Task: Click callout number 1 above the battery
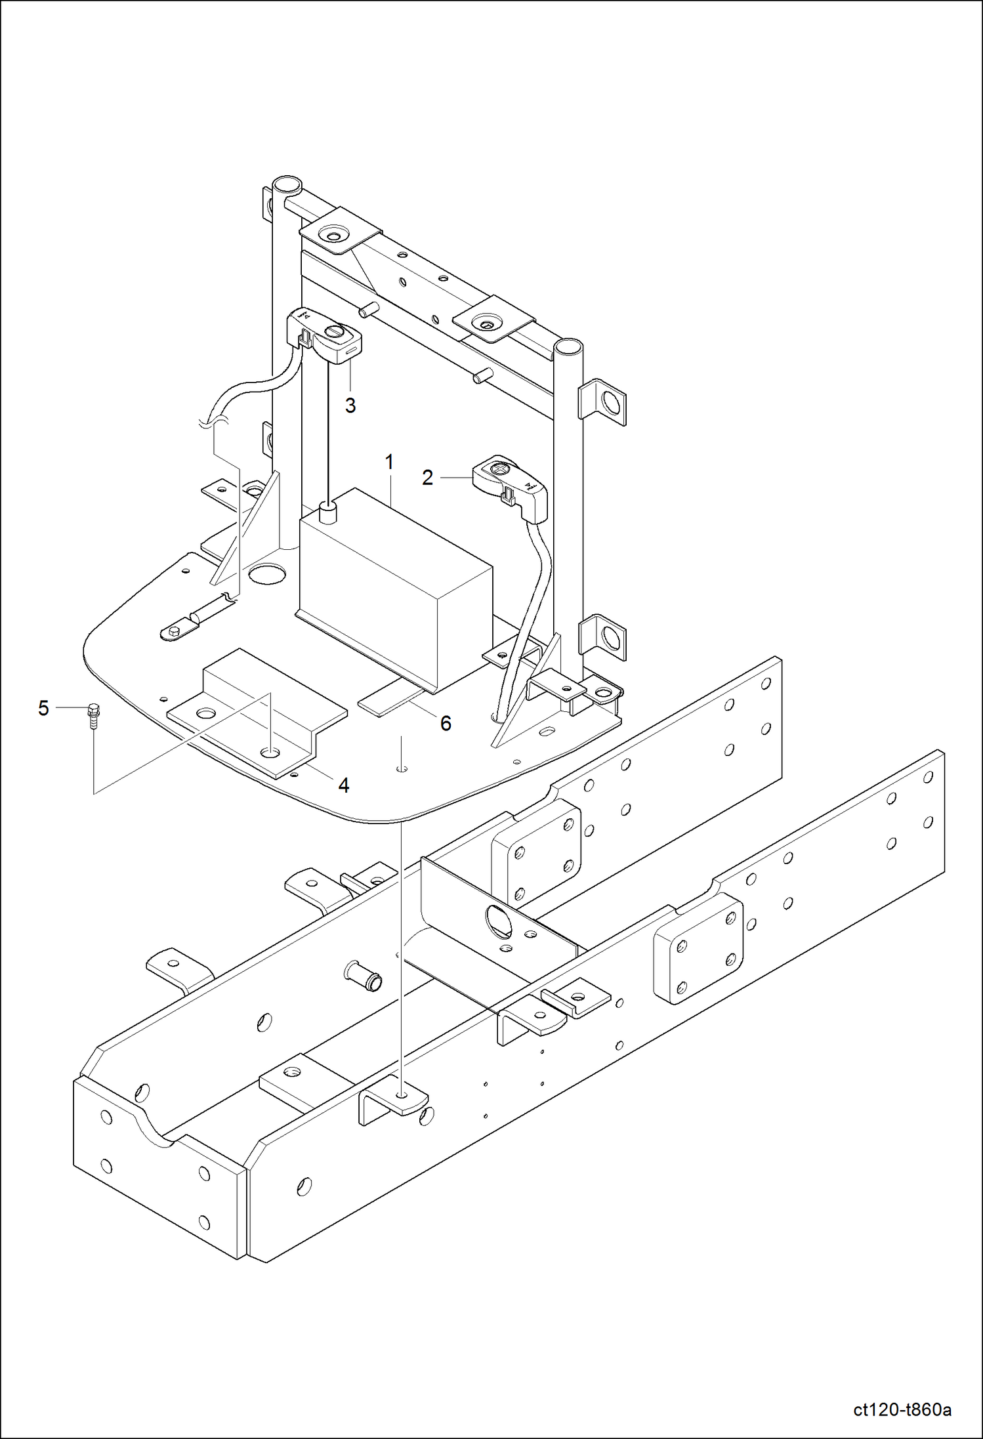coord(389,463)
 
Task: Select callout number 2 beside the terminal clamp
coord(427,478)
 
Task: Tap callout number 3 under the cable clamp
coord(350,406)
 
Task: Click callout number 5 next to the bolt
coord(43,708)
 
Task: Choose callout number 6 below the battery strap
coord(446,723)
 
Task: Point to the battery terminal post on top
coord(328,512)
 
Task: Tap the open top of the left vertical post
coord(286,184)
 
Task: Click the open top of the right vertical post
coord(568,346)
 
